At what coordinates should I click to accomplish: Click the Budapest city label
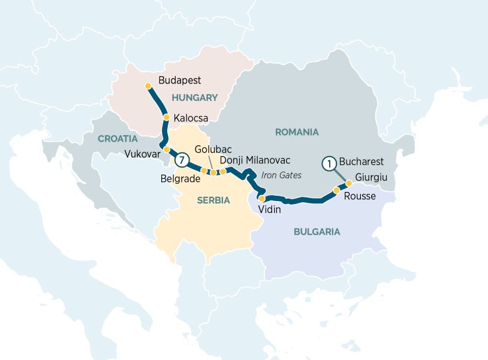[179, 80]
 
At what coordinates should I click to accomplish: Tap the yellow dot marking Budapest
[149, 86]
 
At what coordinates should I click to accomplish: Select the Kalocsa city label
[191, 119]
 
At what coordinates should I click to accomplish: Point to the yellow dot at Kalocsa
[167, 118]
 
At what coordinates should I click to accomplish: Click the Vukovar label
[141, 154]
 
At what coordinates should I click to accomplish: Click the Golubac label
[213, 149]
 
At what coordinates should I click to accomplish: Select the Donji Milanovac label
[255, 160]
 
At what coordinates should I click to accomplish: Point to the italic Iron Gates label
[281, 175]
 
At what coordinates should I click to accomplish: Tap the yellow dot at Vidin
[261, 198]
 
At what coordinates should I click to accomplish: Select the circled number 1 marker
[329, 162]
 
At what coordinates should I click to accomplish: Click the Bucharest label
[361, 162]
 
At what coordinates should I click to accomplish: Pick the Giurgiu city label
[372, 177]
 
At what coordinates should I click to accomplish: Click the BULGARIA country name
[317, 232]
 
